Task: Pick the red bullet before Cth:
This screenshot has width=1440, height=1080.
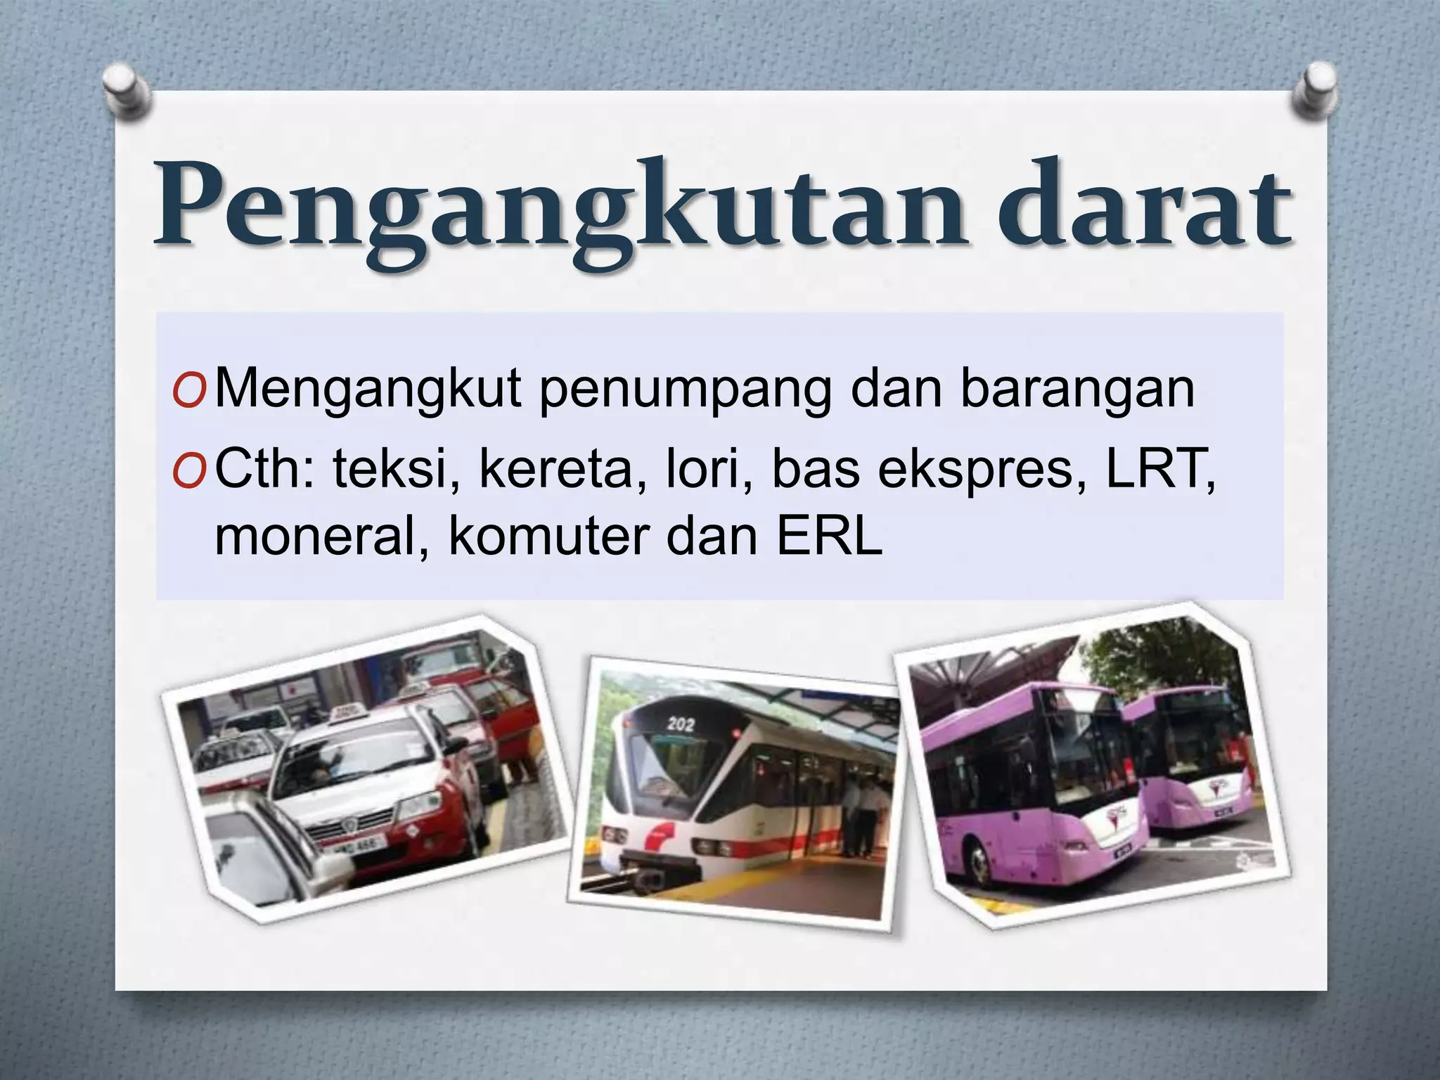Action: click(x=189, y=472)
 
